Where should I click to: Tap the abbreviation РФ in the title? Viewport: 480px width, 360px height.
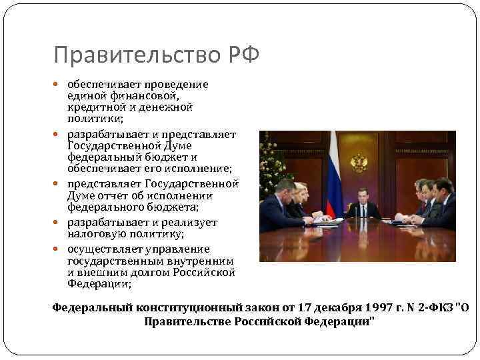[242, 55]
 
